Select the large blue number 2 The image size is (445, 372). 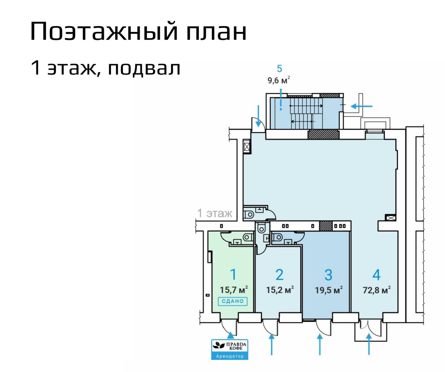coord(280,275)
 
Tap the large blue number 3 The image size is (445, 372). coord(328,275)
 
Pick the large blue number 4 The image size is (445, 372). coord(376,275)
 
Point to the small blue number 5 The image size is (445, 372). coord(280,68)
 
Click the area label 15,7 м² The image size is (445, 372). coord(234,290)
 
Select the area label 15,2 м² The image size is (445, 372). coord(280,290)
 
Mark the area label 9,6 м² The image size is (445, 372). coord(279,80)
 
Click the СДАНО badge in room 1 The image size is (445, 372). coord(233,301)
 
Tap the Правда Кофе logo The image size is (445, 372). coord(229,346)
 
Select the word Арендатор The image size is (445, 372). coord(229,356)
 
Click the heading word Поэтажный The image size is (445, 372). coord(104,31)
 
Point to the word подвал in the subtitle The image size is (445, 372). coord(144,68)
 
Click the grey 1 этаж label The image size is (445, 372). coord(215,213)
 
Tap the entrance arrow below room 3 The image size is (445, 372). coord(320,345)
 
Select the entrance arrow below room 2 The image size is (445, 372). coord(272,345)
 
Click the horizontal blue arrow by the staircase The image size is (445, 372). coord(362,106)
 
